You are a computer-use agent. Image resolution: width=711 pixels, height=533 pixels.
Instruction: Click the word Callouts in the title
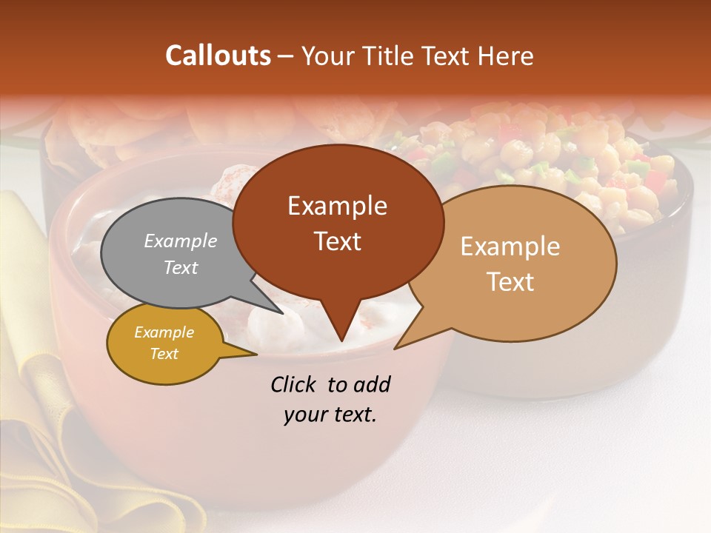pyautogui.click(x=218, y=56)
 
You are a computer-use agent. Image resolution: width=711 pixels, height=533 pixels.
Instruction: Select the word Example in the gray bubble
pyautogui.click(x=181, y=241)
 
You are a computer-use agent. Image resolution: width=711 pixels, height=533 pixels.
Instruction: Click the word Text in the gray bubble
pyautogui.click(x=181, y=267)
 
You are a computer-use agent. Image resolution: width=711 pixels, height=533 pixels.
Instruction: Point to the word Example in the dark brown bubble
pyautogui.click(x=337, y=206)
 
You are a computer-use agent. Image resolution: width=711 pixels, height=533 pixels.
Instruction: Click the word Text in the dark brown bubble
pyautogui.click(x=337, y=241)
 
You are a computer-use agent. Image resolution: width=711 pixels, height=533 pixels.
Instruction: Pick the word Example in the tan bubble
pyautogui.click(x=510, y=247)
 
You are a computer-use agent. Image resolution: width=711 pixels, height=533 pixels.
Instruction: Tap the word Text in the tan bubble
pyautogui.click(x=510, y=282)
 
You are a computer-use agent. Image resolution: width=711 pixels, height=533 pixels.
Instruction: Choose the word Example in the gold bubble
pyautogui.click(x=164, y=332)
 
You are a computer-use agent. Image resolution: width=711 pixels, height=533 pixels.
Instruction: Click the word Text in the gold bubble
pyautogui.click(x=164, y=354)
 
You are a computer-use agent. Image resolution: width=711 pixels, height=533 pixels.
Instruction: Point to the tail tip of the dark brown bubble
pyautogui.click(x=341, y=339)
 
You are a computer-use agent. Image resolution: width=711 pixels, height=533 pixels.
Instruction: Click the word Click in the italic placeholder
pyautogui.click(x=295, y=384)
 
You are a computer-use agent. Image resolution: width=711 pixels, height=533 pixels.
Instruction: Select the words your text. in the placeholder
pyautogui.click(x=330, y=415)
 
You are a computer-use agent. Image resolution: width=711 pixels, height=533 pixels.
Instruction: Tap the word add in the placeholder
pyautogui.click(x=371, y=384)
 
